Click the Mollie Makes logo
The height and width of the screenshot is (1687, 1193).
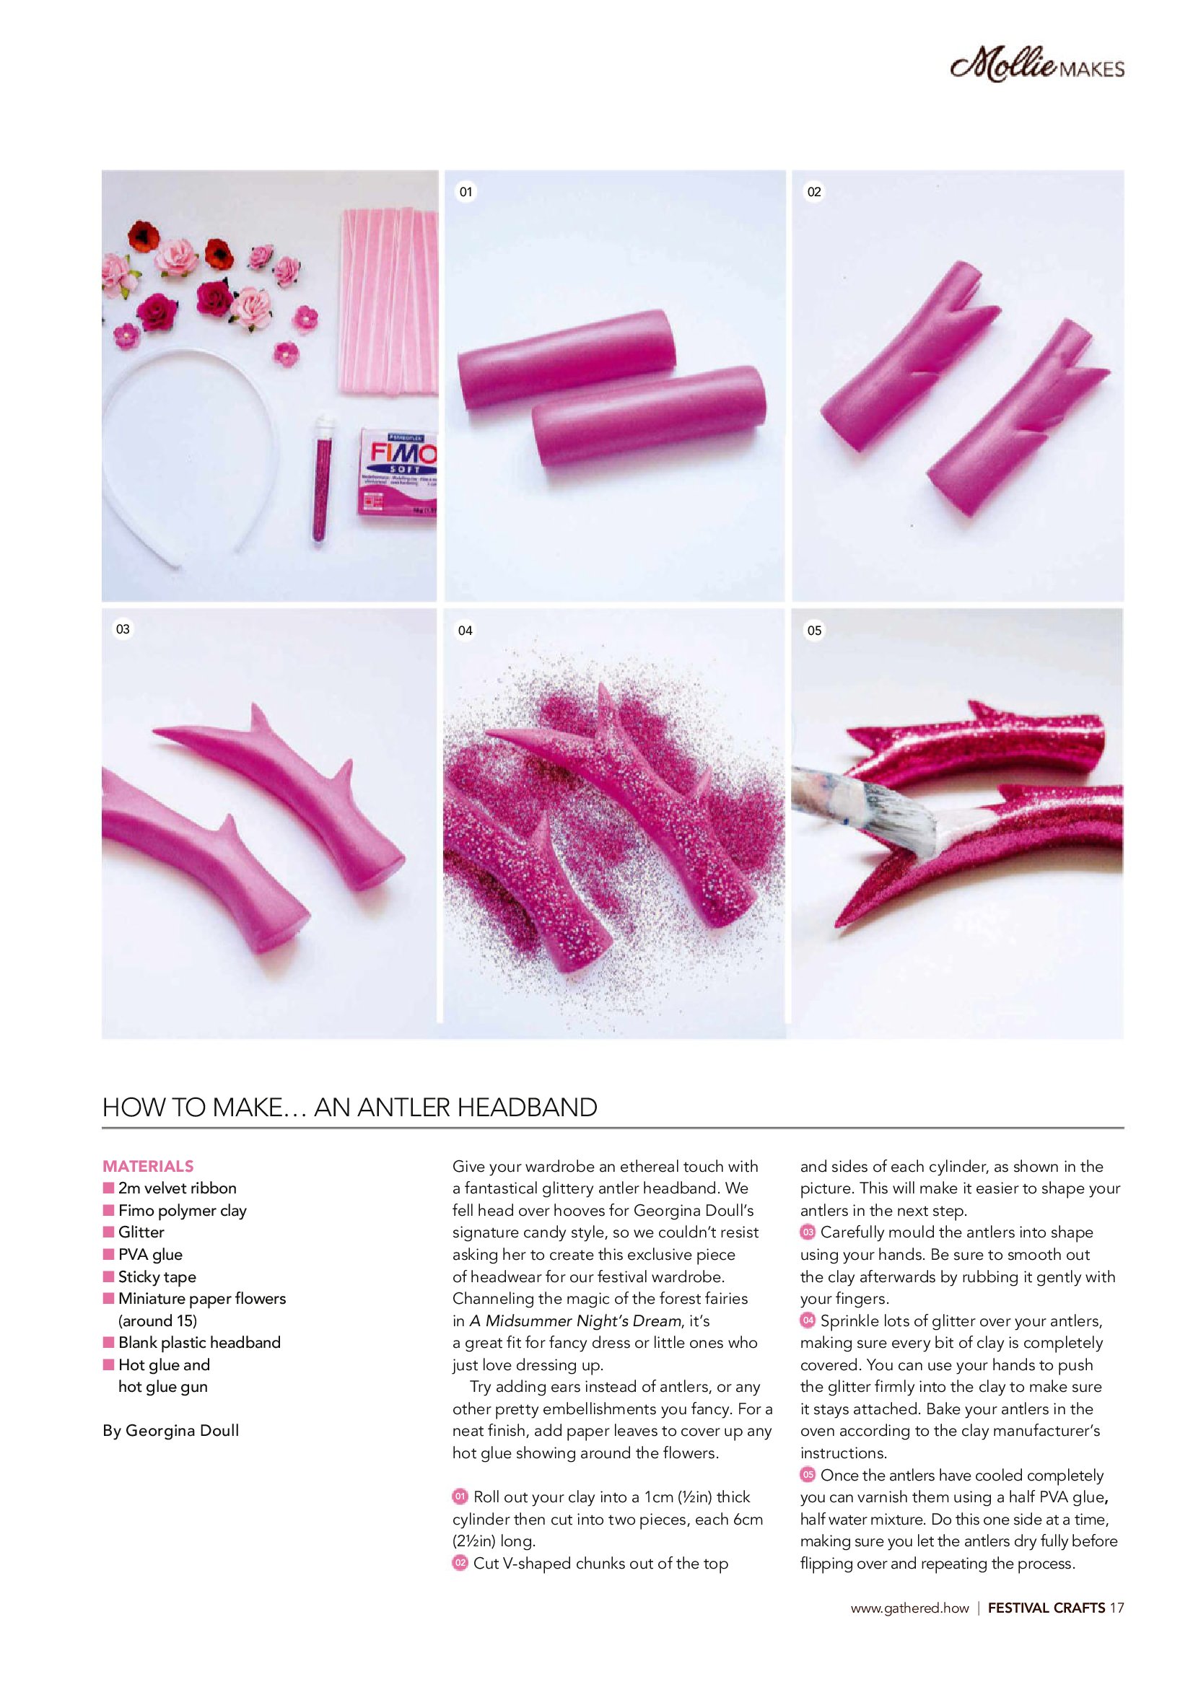point(1037,69)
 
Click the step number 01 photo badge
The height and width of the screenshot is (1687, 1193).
point(466,193)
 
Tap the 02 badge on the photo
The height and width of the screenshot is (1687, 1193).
point(813,193)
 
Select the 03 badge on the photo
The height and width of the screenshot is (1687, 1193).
point(123,629)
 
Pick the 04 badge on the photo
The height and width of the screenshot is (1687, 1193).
point(466,630)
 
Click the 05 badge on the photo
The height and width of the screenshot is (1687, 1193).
point(813,630)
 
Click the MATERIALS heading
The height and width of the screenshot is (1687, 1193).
point(148,1165)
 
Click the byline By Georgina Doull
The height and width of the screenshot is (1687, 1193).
point(170,1431)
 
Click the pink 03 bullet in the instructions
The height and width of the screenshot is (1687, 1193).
point(808,1232)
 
